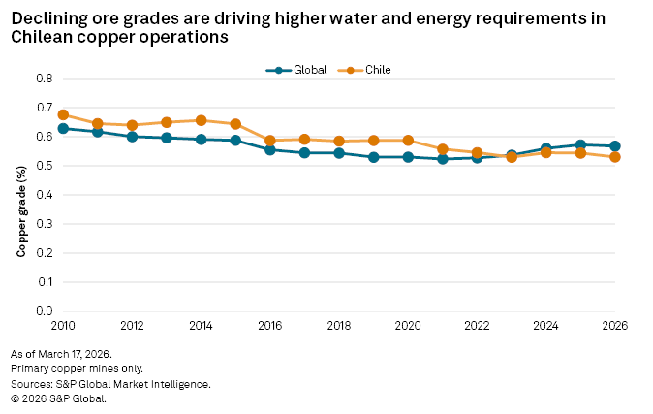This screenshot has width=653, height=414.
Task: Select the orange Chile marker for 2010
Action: pos(63,114)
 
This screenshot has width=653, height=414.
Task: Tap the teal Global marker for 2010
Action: pos(63,128)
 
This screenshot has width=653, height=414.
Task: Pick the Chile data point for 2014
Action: pos(201,120)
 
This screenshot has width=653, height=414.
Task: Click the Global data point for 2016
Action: pos(270,149)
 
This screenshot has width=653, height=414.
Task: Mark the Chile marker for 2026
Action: pos(614,157)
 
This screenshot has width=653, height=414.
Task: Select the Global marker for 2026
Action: pos(614,146)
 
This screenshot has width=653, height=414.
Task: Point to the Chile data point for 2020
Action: pos(408,141)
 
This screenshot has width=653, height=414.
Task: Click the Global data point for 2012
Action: pos(132,136)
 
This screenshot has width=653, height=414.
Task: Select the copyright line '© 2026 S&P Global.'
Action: pos(58,398)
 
